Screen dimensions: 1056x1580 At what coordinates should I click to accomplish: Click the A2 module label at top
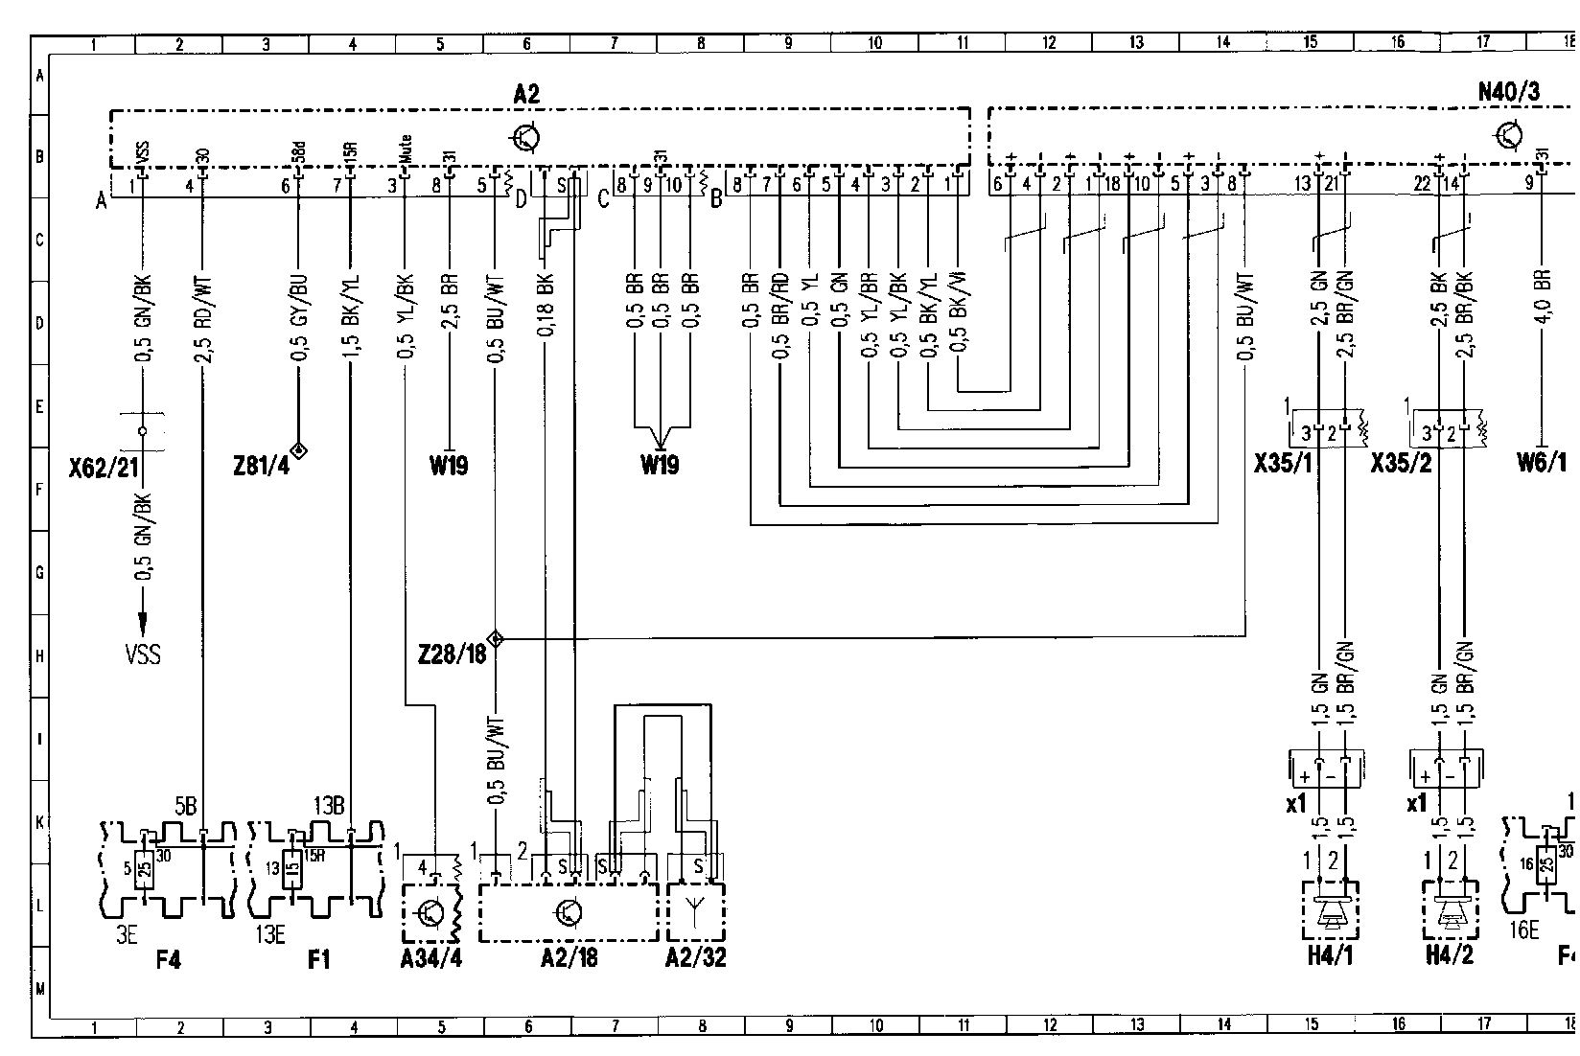(526, 93)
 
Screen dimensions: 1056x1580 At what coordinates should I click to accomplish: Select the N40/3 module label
(1508, 92)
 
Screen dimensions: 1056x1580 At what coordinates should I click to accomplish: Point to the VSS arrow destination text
(143, 654)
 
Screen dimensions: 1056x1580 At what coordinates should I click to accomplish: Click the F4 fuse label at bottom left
(168, 957)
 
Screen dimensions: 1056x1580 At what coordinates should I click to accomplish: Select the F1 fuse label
(319, 957)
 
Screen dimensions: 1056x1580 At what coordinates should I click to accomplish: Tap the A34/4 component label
(430, 957)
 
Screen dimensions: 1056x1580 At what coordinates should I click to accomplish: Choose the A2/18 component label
(568, 957)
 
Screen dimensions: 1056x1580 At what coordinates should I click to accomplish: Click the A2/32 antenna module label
(696, 957)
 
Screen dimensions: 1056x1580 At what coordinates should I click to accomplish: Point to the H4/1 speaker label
(1329, 955)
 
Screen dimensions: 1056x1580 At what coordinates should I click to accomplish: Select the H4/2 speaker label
(1449, 955)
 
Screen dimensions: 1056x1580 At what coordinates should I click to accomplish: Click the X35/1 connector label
(1283, 465)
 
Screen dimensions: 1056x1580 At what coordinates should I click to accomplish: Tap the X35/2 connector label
(1402, 465)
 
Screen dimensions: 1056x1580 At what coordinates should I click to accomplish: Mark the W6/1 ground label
(1542, 465)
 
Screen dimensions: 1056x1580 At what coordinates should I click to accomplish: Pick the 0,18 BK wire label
(545, 306)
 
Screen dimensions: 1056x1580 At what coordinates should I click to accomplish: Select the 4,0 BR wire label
(1543, 299)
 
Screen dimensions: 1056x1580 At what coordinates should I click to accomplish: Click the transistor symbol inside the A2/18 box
(568, 912)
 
